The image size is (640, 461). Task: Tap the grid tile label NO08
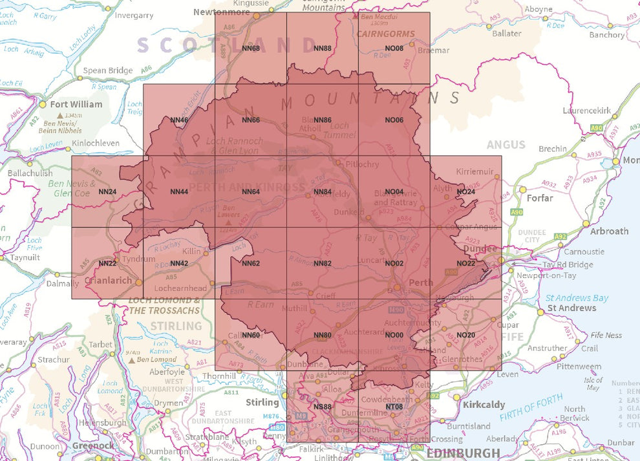(394, 48)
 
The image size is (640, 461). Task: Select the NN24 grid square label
(107, 191)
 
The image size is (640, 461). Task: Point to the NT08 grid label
(394, 406)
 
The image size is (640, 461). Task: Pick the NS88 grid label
(322, 406)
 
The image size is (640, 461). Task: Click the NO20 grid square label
(465, 335)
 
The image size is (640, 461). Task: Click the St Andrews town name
(571, 308)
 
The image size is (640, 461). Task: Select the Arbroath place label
(609, 231)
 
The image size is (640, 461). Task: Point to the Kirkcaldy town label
(484, 405)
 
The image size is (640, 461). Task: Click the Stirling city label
(262, 403)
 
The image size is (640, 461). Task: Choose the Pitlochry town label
(362, 164)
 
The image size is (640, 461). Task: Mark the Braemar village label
(433, 50)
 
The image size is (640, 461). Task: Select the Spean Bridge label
(108, 70)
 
